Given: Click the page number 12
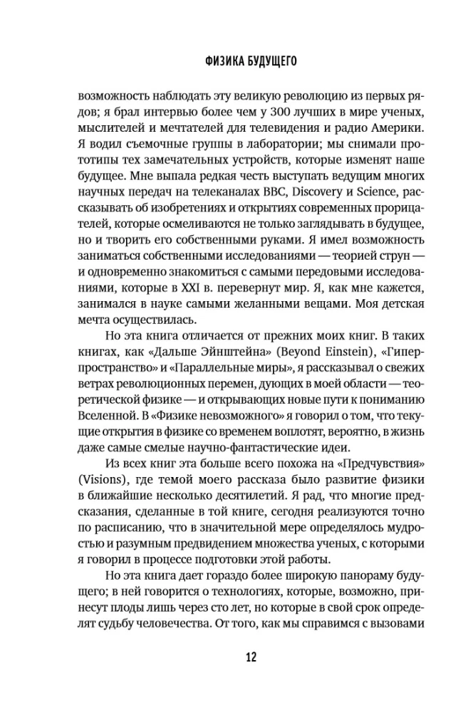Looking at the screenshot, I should [x=236, y=656].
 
